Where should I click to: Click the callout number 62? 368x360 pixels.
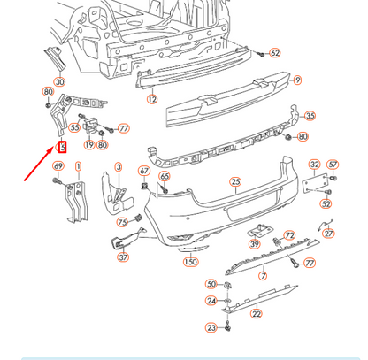pos(275,53)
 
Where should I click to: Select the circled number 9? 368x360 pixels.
pos(297,80)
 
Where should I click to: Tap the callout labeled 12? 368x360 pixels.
pos(151,100)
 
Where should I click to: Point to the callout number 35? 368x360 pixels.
pos(309,116)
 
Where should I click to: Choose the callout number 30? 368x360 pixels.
pos(59,82)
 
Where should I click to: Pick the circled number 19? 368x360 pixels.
pos(89,144)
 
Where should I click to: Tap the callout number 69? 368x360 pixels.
pos(58,166)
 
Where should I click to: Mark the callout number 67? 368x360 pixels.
pos(143,170)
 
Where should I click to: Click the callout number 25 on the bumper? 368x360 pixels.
pos(235,183)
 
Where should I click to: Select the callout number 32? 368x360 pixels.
pos(314,165)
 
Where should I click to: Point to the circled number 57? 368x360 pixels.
pos(333,165)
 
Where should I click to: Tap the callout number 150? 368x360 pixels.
pos(190,262)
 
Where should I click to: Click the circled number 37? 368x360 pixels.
pos(123,257)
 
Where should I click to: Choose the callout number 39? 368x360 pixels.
pos(255,245)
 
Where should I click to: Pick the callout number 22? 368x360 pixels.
pos(256,314)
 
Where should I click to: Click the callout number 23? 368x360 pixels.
pos(211,328)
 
